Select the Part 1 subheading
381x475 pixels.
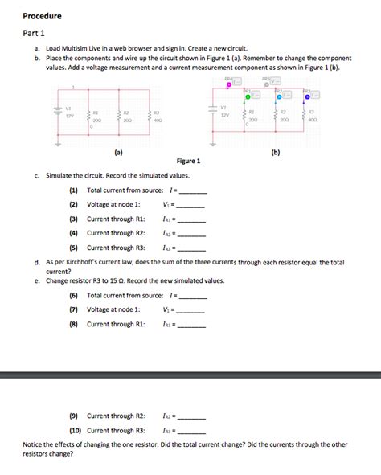(x=34, y=33)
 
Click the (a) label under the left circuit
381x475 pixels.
(x=96, y=151)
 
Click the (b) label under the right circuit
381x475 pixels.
(x=276, y=151)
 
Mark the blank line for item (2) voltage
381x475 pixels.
(x=190, y=207)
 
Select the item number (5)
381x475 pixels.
(x=73, y=248)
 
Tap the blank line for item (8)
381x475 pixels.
(x=191, y=326)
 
